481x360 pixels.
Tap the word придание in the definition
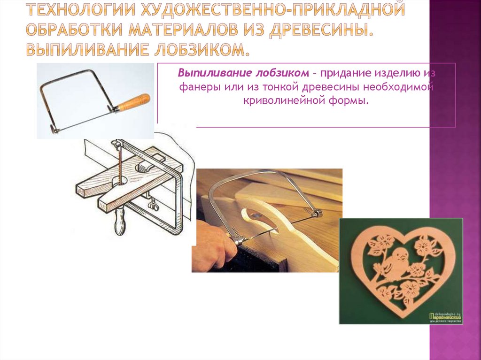coord(346,74)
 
